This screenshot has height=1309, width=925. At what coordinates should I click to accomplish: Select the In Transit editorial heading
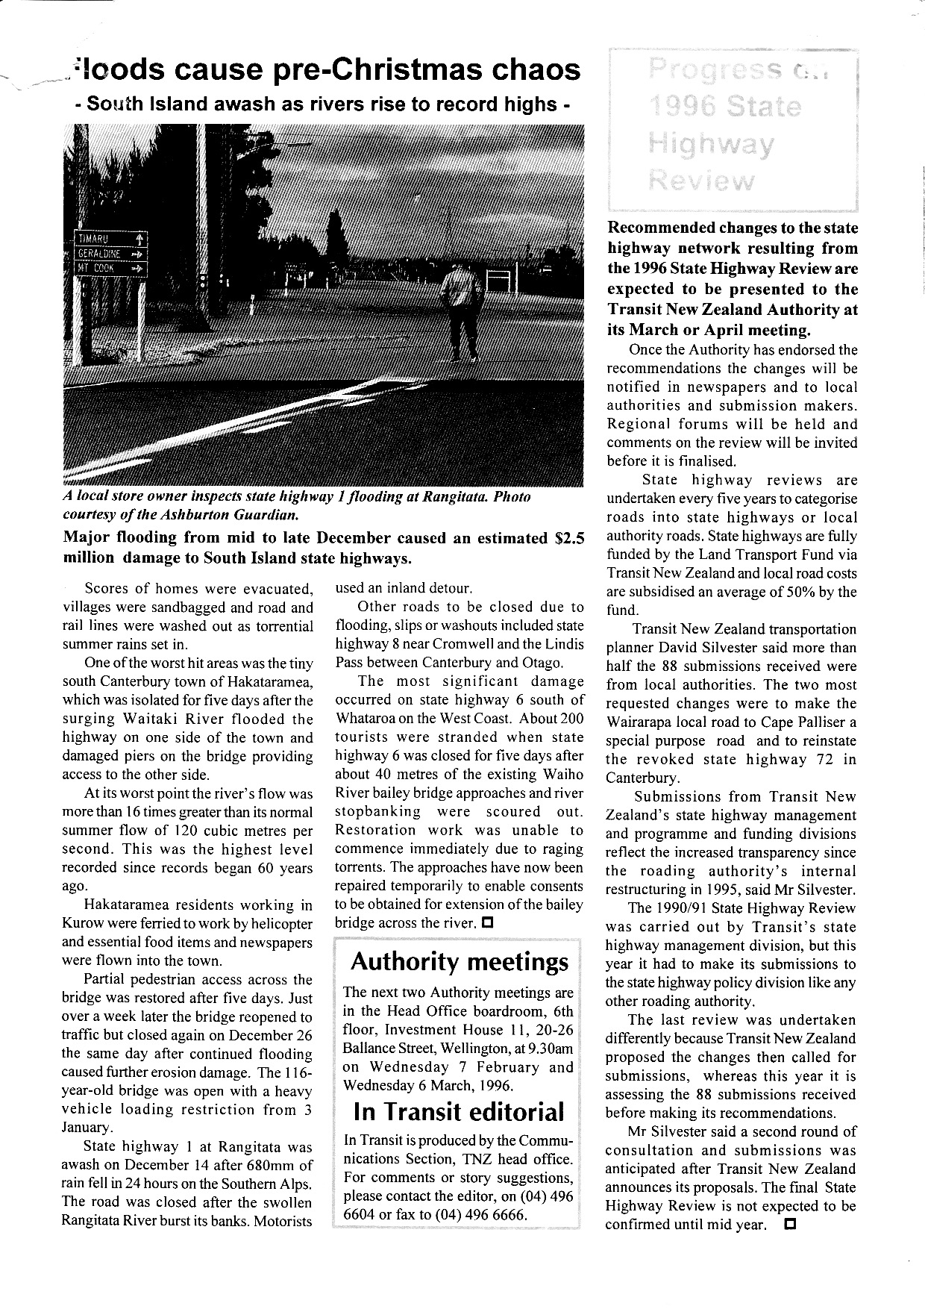(x=459, y=1112)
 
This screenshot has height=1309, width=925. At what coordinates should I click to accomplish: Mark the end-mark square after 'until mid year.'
(x=790, y=1225)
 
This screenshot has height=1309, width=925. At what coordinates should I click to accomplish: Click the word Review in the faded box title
(x=700, y=180)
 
